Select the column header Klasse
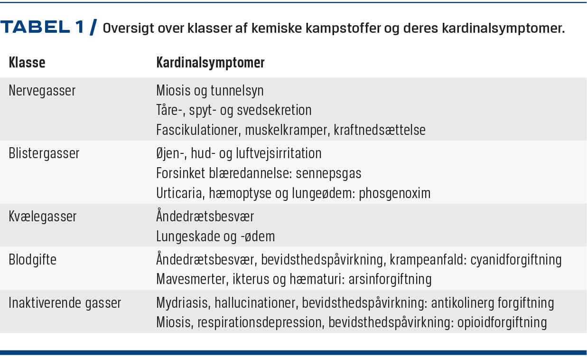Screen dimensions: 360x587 [x=27, y=63]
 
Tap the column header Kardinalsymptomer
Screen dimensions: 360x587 [x=210, y=63]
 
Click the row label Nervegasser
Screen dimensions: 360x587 [x=42, y=91]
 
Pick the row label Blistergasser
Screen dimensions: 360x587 [x=44, y=153]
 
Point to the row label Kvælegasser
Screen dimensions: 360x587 [x=42, y=217]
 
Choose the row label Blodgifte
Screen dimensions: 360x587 [x=33, y=260]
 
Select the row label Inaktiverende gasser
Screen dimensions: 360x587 [x=65, y=303]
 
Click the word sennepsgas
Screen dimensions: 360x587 [x=328, y=173]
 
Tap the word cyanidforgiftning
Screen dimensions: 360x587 [x=516, y=260]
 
